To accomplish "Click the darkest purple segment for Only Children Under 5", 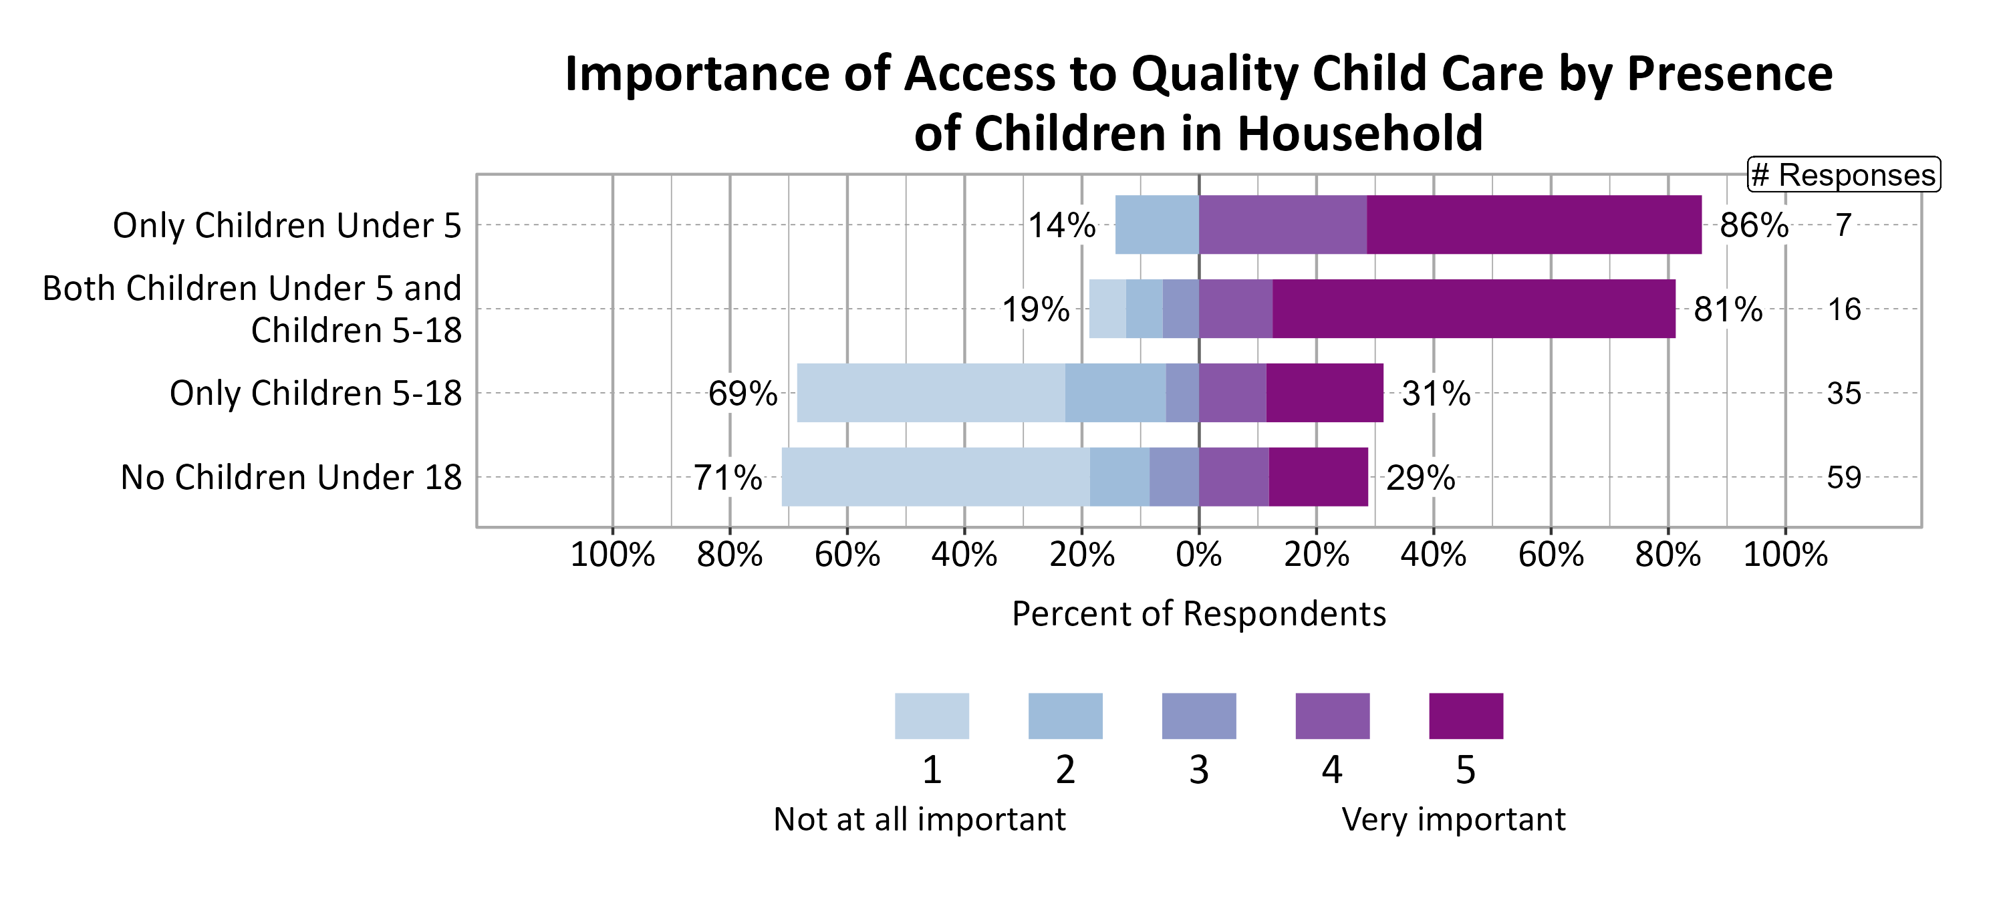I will click(x=1533, y=225).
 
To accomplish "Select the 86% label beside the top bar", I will click(x=1754, y=226).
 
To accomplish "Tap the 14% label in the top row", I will click(x=1062, y=226).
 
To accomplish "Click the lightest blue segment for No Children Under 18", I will click(x=935, y=477).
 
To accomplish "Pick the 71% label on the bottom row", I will click(x=727, y=478).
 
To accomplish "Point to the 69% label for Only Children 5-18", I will click(x=742, y=394).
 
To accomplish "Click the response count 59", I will click(x=1844, y=478).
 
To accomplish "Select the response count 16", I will click(x=1844, y=310).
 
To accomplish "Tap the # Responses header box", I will click(x=1844, y=175).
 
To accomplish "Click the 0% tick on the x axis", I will click(x=1198, y=556).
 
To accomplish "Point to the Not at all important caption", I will click(x=919, y=820).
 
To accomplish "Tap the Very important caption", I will click(x=1453, y=820).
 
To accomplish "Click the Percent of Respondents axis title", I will click(x=1198, y=614).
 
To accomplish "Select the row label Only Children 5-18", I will click(x=315, y=394).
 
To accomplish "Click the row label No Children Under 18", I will click(x=291, y=478).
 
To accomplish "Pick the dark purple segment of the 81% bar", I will click(x=1474, y=309).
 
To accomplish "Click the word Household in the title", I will click(x=1360, y=134).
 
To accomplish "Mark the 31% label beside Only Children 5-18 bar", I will click(x=1436, y=394).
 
